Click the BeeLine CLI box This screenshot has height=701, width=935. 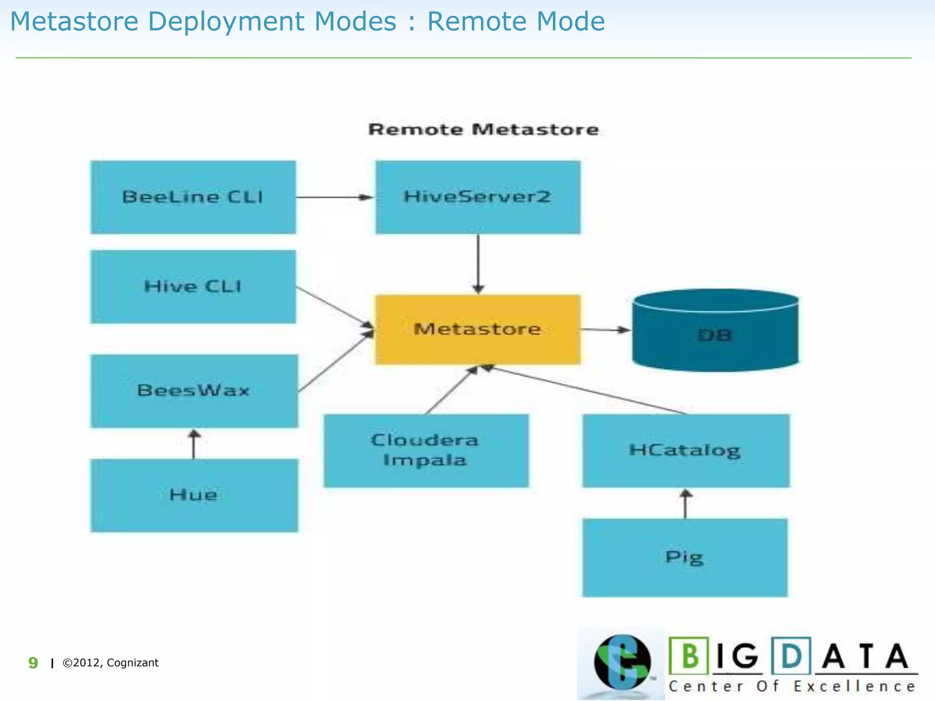(x=193, y=197)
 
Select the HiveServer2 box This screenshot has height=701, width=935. (x=478, y=197)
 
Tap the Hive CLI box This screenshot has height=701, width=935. (x=193, y=287)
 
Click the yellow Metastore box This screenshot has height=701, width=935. (x=478, y=330)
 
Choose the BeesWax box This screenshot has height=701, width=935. (x=194, y=391)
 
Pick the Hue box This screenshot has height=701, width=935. (x=194, y=495)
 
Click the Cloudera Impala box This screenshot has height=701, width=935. (x=425, y=450)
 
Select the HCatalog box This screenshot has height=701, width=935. (x=685, y=450)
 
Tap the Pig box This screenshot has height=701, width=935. (x=684, y=557)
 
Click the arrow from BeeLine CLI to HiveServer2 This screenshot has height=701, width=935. (x=335, y=197)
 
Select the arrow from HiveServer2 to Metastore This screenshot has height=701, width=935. (x=478, y=264)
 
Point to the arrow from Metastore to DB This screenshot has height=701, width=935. (x=605, y=330)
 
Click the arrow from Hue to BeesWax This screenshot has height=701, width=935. (x=194, y=444)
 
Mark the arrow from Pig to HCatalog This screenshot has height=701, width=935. (x=685, y=504)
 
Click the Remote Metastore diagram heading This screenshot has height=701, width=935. (x=483, y=130)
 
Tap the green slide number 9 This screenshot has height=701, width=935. (x=33, y=663)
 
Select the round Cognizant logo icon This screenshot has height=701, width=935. (x=622, y=662)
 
